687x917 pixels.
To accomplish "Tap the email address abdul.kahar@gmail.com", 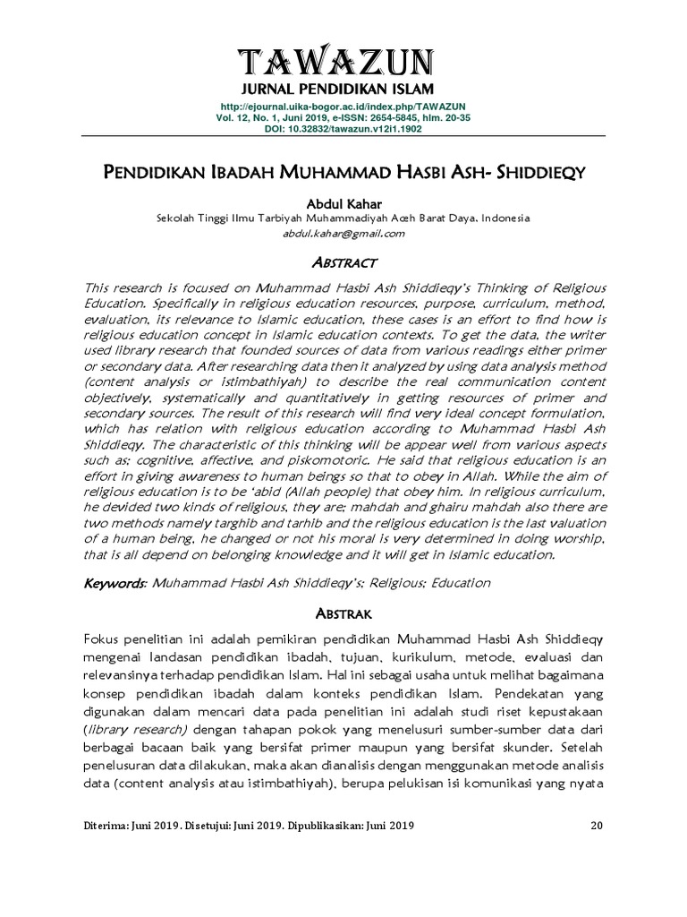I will pos(343,233).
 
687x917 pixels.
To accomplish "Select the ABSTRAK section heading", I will pos(343,613).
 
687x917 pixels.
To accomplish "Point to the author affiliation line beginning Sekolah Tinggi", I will pos(343,218).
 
